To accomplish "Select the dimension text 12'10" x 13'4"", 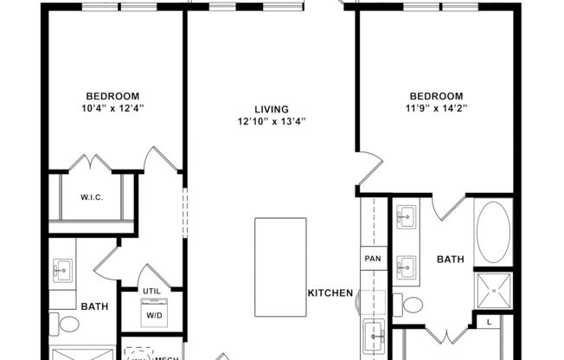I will point(269,121).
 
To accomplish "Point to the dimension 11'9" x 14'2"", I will point(436,108).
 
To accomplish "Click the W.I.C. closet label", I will point(93,197).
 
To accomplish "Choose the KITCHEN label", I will point(330,293).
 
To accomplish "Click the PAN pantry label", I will point(372,258).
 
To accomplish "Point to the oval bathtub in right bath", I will point(493,233).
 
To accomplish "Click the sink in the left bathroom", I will point(61,272).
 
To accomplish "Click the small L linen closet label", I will point(489,323).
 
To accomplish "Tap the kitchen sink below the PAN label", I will point(374,332).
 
